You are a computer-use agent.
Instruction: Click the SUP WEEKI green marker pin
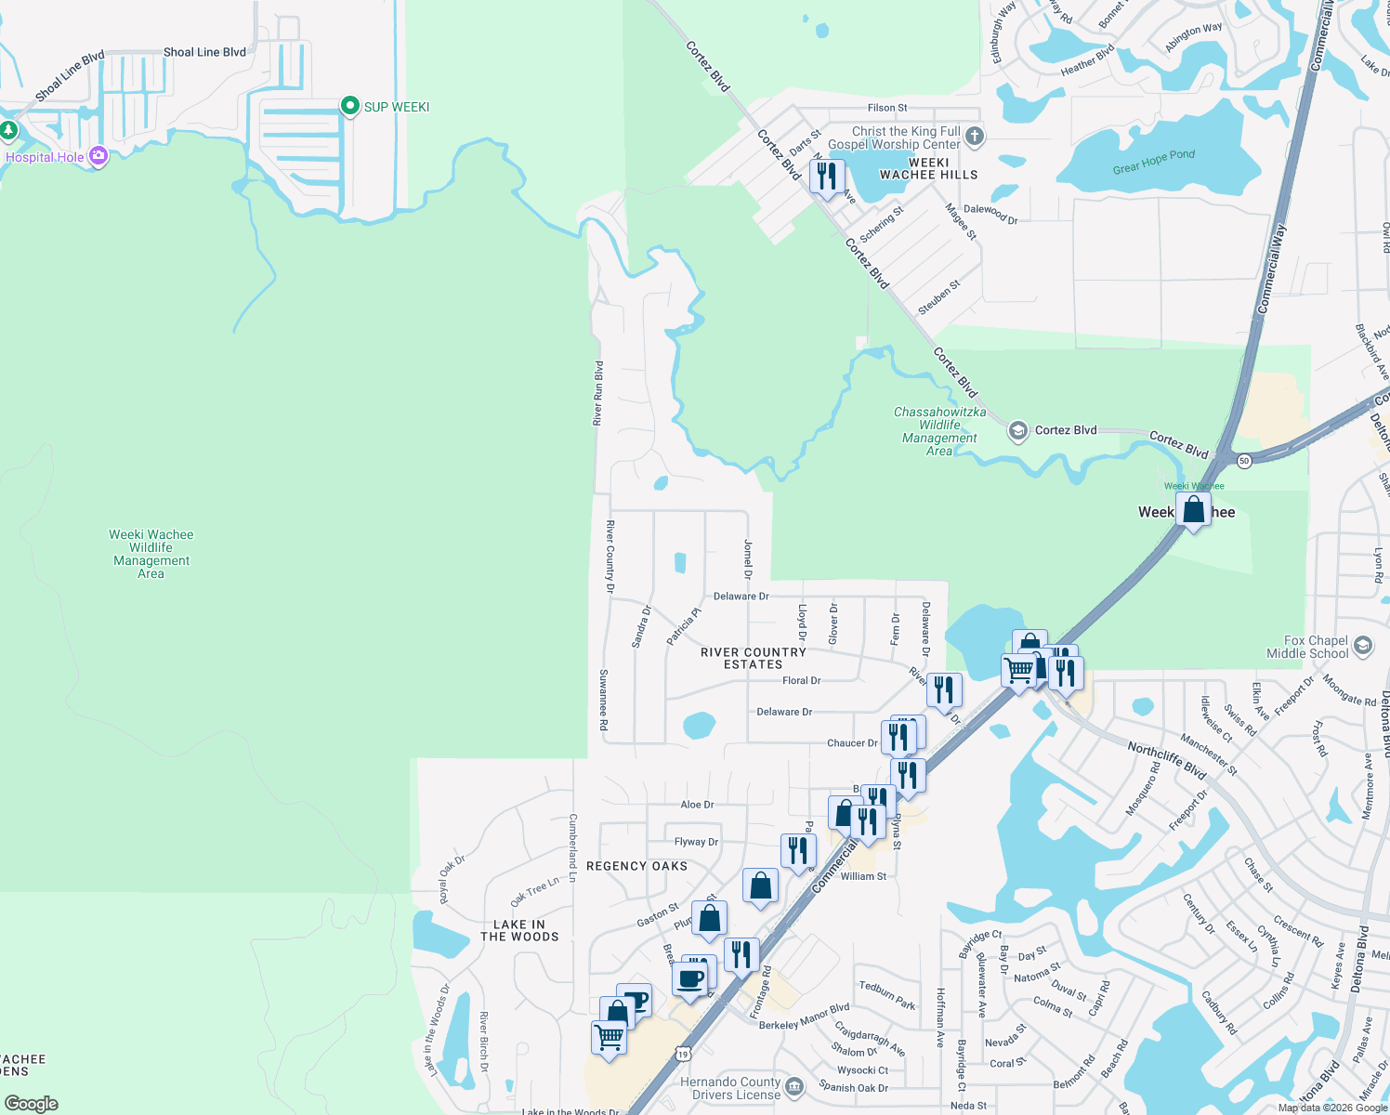[x=350, y=106]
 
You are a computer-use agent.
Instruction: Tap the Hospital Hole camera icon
[x=98, y=156]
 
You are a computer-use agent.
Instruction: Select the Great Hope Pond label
[x=1154, y=162]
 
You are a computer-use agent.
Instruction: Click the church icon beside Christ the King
[x=974, y=138]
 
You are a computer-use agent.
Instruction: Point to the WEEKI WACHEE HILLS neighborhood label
[x=928, y=168]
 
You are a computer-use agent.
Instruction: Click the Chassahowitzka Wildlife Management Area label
[x=939, y=431]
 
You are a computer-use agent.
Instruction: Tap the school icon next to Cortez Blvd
[x=1018, y=430]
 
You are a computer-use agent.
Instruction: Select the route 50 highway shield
[x=1244, y=460]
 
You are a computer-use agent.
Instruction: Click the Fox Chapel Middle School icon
[x=1363, y=646]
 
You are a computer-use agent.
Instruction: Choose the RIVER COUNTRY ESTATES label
[x=753, y=658]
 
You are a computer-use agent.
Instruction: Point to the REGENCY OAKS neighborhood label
[x=636, y=866]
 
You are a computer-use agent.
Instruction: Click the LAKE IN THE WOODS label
[x=519, y=930]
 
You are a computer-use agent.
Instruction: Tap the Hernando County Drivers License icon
[x=794, y=1087]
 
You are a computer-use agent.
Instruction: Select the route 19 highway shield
[x=683, y=1054]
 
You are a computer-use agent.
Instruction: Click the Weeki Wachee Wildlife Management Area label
[x=151, y=554]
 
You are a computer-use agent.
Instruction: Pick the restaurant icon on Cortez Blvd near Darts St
[x=826, y=176]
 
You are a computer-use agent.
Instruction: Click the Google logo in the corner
[x=32, y=1104]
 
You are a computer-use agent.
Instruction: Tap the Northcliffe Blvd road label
[x=1166, y=760]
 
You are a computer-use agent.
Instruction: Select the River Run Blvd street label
[x=598, y=393]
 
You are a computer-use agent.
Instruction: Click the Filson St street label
[x=887, y=108]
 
